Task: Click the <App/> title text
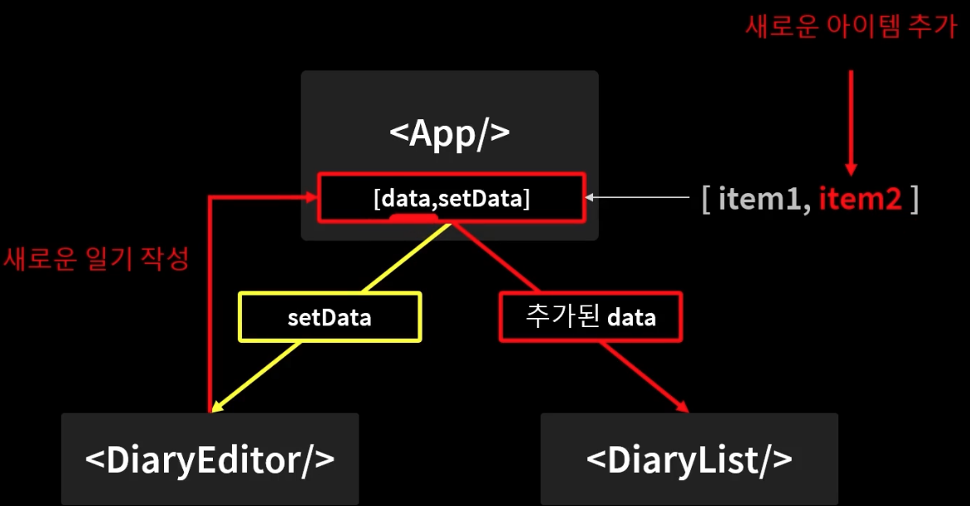click(x=449, y=132)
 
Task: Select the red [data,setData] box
click(x=451, y=198)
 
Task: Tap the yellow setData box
click(x=330, y=317)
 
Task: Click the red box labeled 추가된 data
click(x=591, y=316)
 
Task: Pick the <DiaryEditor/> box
click(x=210, y=458)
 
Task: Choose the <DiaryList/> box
click(x=689, y=458)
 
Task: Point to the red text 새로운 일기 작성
click(x=97, y=259)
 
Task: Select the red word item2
click(x=860, y=199)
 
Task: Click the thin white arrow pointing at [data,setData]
click(x=638, y=198)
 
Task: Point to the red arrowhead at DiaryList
click(x=683, y=407)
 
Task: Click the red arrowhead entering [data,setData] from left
click(x=310, y=197)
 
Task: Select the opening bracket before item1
click(x=707, y=200)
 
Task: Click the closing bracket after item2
click(x=914, y=200)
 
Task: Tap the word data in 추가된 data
click(x=631, y=316)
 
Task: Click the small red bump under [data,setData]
click(x=413, y=218)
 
